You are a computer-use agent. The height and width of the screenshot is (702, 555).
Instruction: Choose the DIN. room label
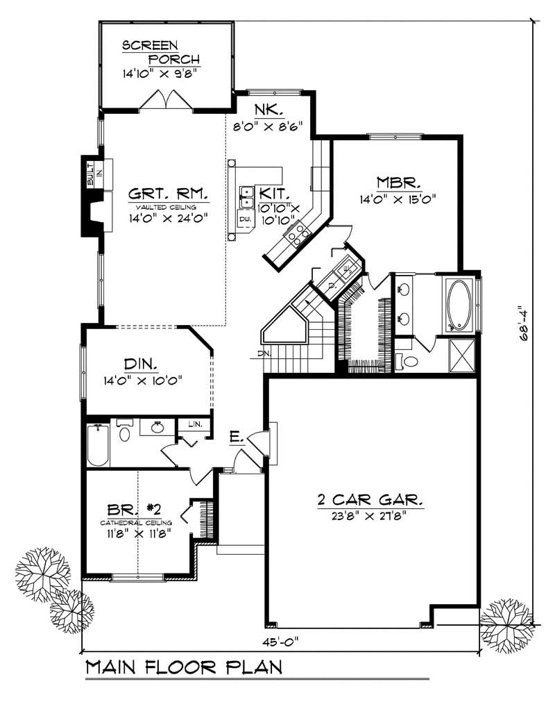point(141,363)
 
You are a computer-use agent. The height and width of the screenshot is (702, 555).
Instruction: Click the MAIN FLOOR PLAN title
point(183,668)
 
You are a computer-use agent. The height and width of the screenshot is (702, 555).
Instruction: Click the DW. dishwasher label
point(244,219)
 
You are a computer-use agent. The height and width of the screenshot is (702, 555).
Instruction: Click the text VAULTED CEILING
point(166,207)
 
